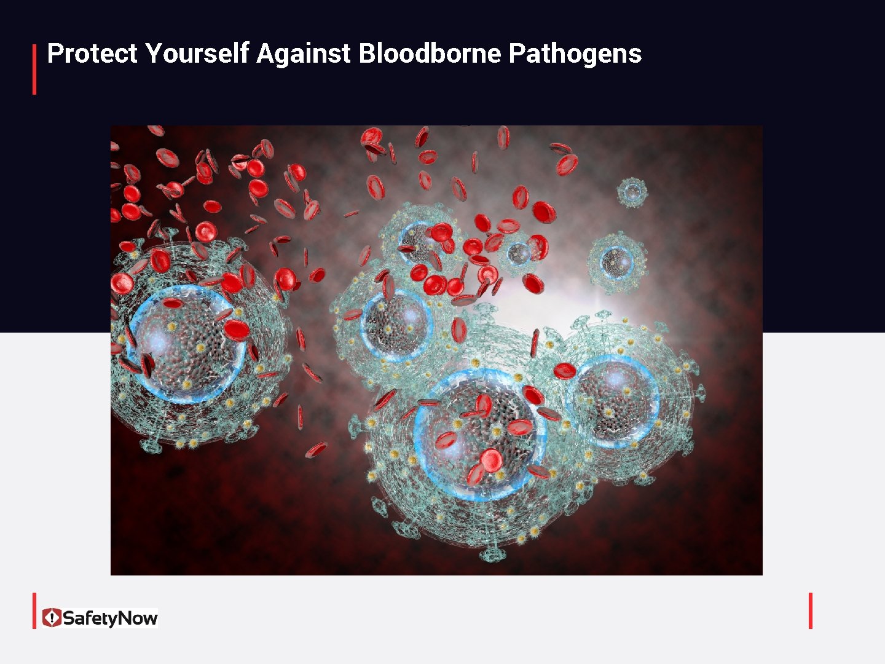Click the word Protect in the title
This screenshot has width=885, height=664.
(92, 53)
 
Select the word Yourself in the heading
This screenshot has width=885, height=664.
(197, 53)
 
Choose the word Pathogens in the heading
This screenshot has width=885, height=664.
(575, 53)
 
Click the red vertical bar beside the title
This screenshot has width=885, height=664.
(34, 69)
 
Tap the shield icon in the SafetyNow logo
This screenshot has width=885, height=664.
(52, 617)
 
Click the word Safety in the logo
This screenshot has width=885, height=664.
(90, 618)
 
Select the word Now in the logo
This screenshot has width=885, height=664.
(138, 618)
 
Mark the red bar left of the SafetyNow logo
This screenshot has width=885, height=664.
(34, 611)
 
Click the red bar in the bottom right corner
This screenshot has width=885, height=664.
(811, 611)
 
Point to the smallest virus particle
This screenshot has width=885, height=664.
(632, 192)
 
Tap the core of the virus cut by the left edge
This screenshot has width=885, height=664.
(184, 344)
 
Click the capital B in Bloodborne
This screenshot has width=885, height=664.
(366, 53)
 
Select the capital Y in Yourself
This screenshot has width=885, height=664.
(153, 53)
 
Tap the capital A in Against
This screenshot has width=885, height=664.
(265, 53)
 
